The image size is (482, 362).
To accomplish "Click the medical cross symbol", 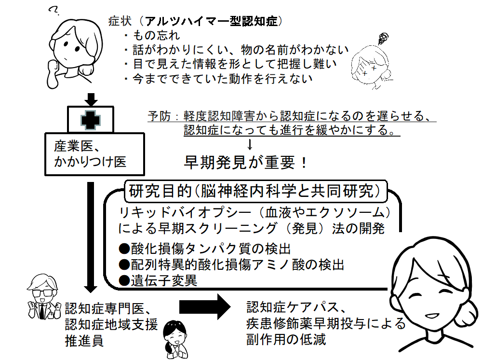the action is click(x=91, y=120).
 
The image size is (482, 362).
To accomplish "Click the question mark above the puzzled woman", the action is click(x=54, y=11).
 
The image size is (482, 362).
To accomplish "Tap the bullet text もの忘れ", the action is click(x=157, y=35).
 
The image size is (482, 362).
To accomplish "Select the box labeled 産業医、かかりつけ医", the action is click(x=94, y=154).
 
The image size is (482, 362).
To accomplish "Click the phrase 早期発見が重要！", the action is click(x=245, y=162).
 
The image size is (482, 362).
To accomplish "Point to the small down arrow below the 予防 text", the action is click(x=250, y=144).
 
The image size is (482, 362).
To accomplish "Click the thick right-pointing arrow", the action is click(x=205, y=306).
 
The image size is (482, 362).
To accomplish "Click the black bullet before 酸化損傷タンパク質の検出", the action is click(x=124, y=249).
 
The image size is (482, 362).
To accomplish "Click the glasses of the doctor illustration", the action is click(x=43, y=292).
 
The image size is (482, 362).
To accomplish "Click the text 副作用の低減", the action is click(x=286, y=340).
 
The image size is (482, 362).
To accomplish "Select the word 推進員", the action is click(x=84, y=341).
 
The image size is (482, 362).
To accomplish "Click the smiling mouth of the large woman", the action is click(x=433, y=316).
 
